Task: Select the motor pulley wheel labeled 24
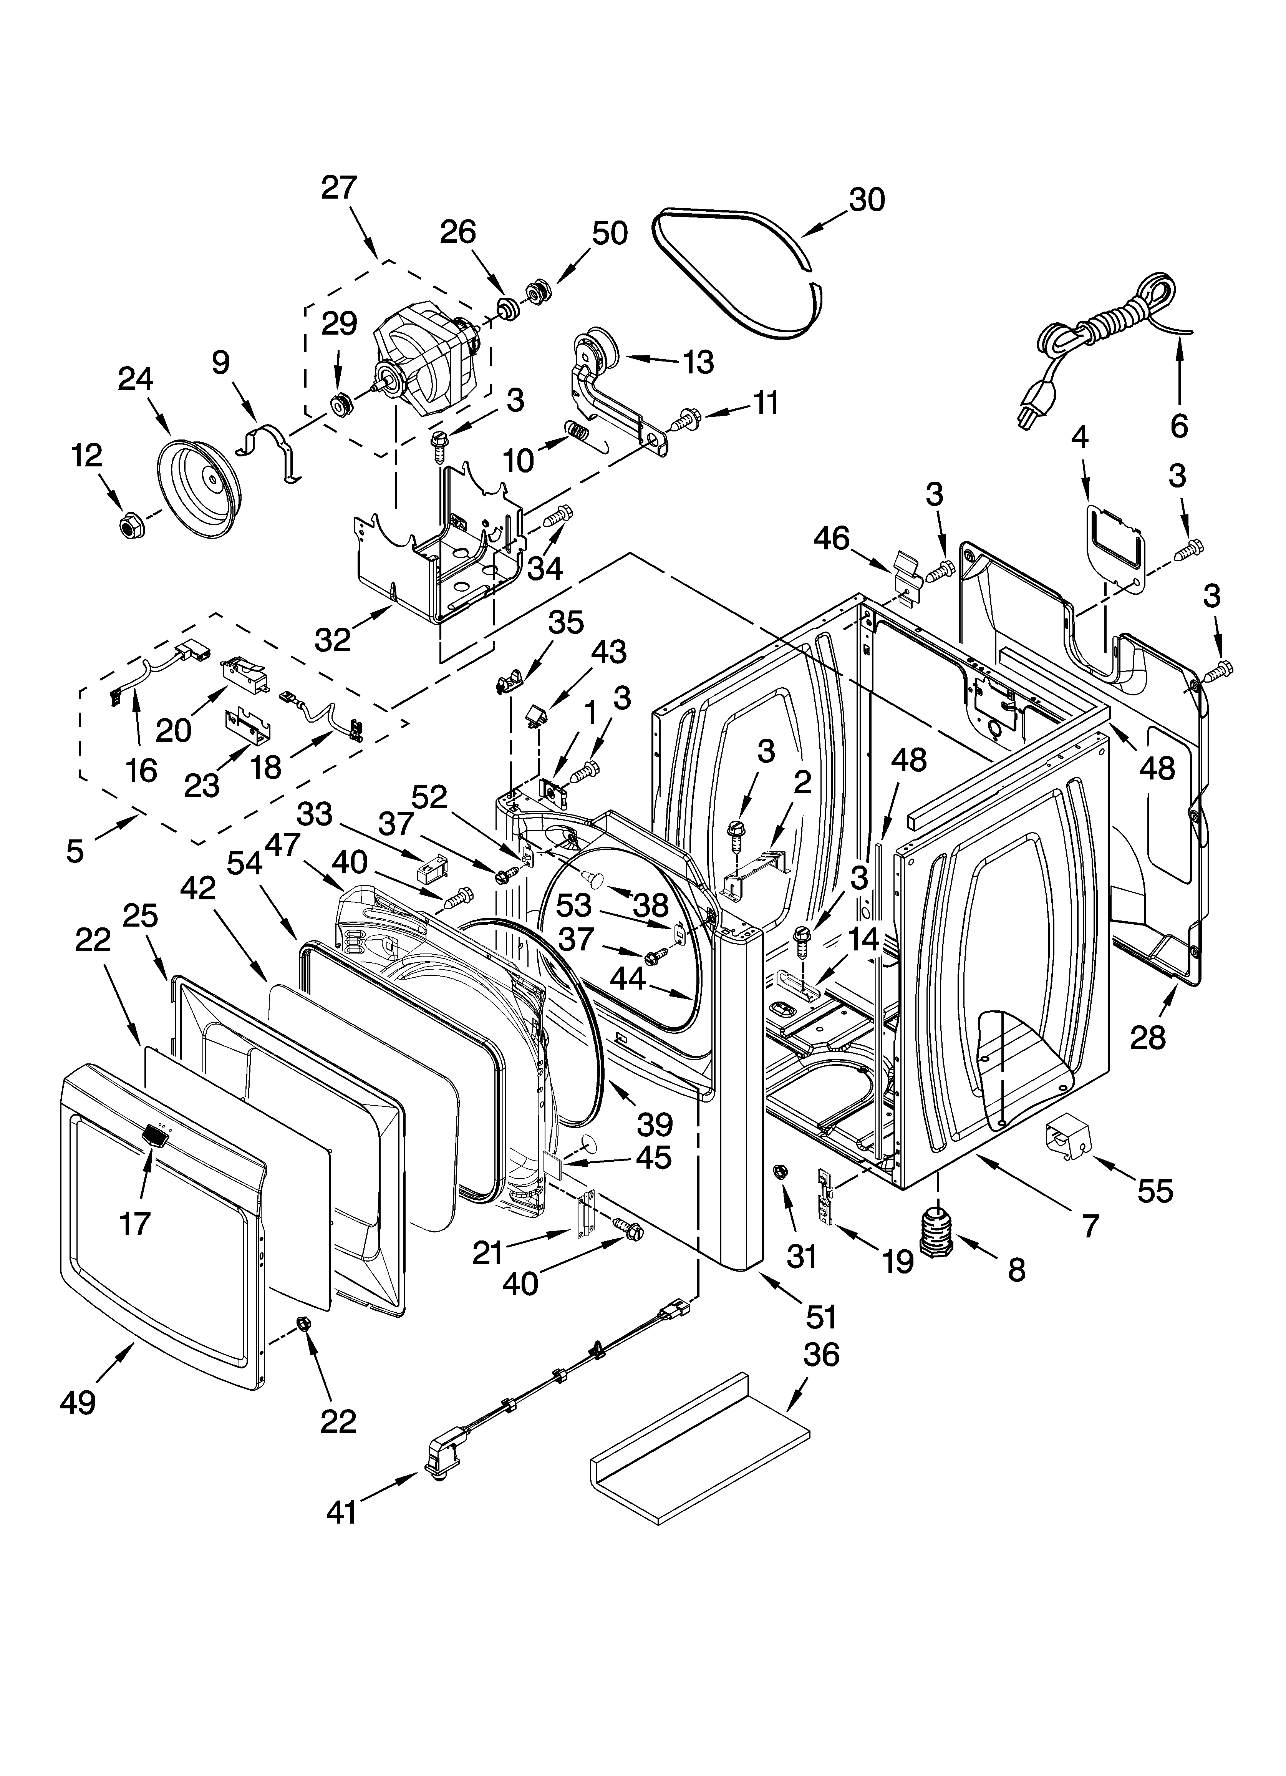click(x=200, y=490)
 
